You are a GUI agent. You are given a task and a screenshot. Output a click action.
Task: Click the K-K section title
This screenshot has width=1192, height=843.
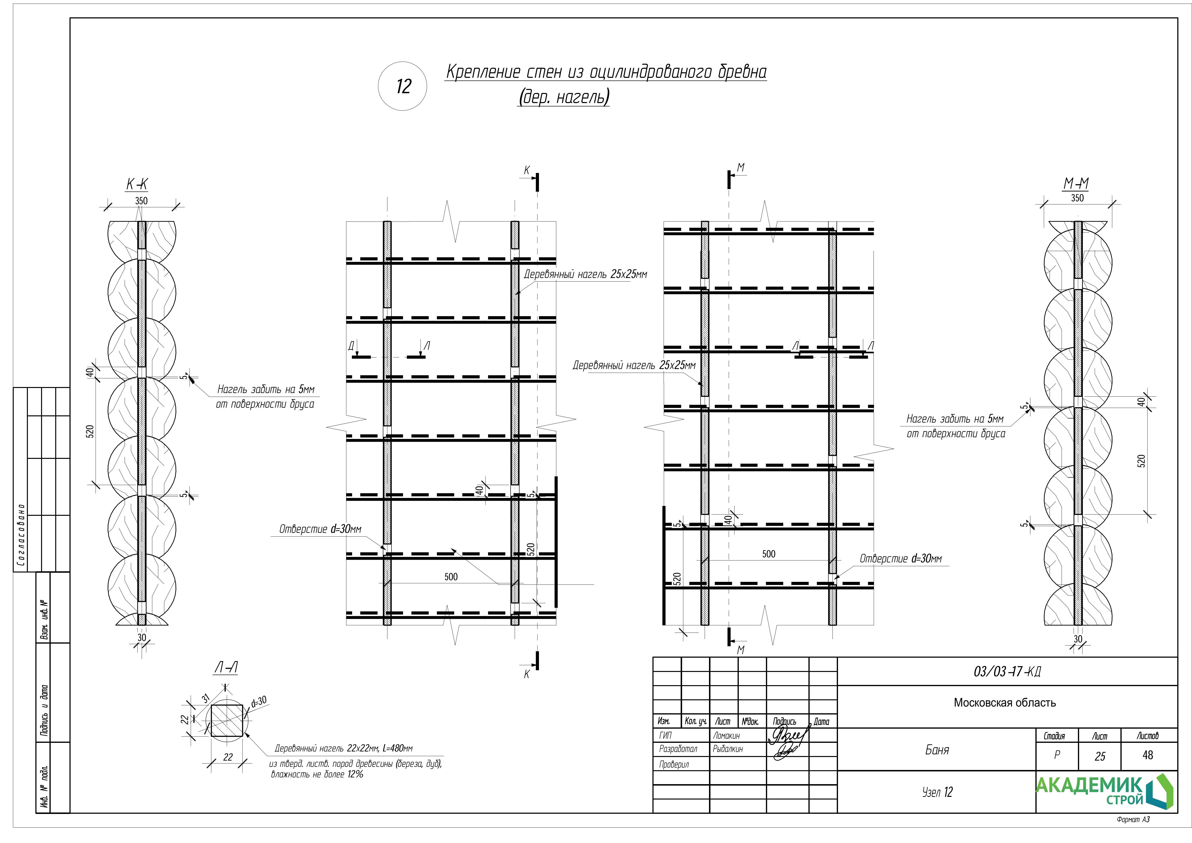coord(137,185)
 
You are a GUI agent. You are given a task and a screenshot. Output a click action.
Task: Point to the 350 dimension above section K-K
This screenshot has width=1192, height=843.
coord(141,201)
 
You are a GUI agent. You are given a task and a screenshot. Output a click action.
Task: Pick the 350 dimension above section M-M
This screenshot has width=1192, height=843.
coord(1077,198)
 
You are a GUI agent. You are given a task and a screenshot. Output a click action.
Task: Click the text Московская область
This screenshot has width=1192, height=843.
coord(1005,703)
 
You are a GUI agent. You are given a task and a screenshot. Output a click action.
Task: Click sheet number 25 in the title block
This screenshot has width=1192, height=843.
coord(1100,756)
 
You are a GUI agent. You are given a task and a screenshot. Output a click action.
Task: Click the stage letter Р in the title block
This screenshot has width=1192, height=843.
coord(1057,755)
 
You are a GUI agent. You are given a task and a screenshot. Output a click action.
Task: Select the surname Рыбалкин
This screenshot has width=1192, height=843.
coord(728,749)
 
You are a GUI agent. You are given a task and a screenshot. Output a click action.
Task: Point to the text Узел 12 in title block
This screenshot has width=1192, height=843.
coord(937,792)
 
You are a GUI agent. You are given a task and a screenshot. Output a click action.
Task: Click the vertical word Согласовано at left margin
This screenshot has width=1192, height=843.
coord(21,535)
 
